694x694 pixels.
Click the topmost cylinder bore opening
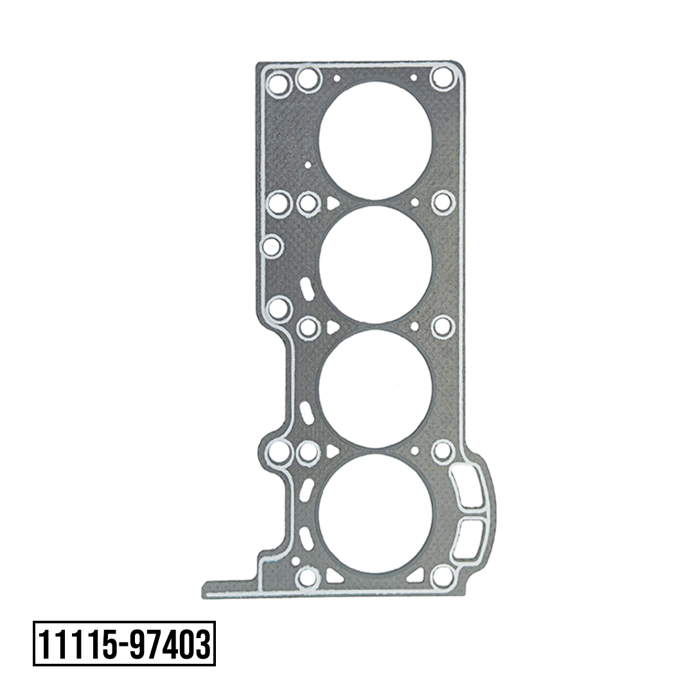[x=375, y=140]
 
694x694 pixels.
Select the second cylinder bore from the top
[x=375, y=264]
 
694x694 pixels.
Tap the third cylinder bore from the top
[x=375, y=388]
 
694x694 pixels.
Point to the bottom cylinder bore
[x=375, y=513]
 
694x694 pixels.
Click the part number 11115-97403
[x=125, y=644]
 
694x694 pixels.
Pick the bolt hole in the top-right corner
[x=443, y=78]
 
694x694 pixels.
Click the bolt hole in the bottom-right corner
[x=443, y=576]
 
